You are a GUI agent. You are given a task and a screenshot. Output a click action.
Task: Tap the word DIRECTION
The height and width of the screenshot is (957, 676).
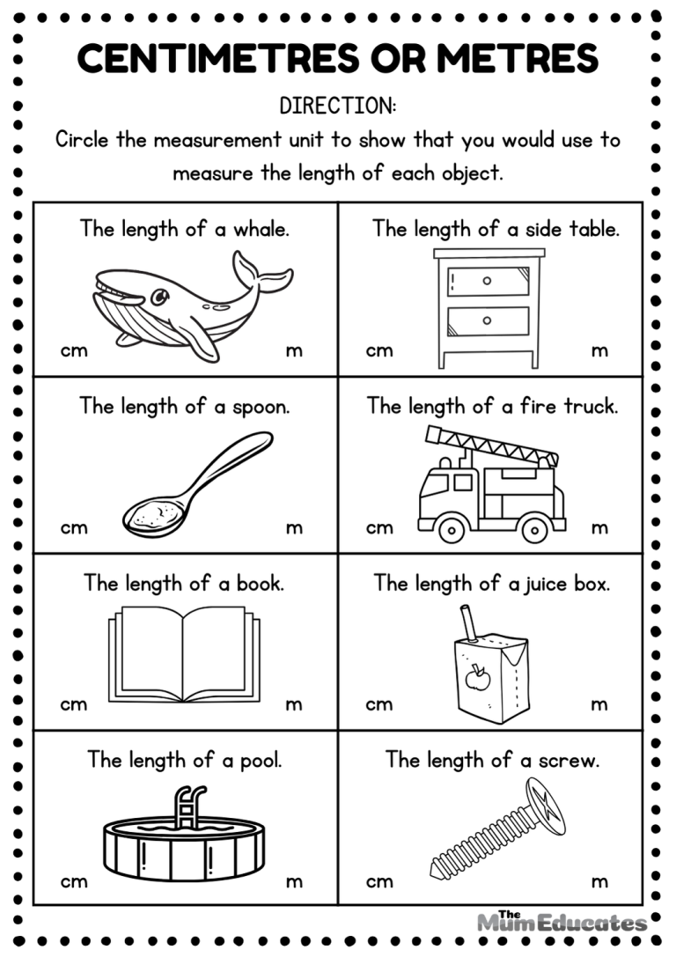[338, 107]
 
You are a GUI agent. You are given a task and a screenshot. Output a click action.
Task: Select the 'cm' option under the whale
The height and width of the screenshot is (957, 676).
[74, 351]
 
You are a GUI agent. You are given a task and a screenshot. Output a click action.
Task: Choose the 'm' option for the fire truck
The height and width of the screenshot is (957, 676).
[599, 528]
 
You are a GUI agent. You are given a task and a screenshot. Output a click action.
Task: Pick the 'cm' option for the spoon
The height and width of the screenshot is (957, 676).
[74, 528]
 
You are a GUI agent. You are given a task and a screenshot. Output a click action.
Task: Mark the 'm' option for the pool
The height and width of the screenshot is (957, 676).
[294, 881]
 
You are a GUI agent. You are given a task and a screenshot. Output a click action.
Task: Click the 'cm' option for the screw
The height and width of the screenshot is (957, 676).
[379, 881]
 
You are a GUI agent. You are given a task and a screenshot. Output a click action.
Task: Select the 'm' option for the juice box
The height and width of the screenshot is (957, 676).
[599, 704]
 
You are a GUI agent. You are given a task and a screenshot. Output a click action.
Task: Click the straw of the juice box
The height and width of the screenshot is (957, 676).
[467, 622]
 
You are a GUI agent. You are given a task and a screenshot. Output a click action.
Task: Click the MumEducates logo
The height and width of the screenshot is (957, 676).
[562, 921]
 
